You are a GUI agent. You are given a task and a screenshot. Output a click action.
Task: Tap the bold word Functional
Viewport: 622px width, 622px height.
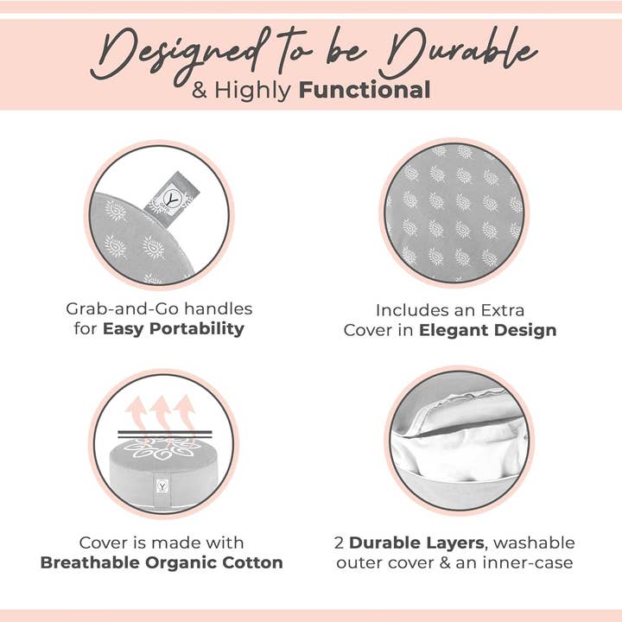[x=365, y=90]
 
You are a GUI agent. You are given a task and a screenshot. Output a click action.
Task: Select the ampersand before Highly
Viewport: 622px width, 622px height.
[x=200, y=91]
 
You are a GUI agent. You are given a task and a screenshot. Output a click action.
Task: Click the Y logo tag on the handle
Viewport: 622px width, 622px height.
[x=172, y=194]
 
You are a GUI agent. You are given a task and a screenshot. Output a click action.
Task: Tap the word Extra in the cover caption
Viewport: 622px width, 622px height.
[x=502, y=310]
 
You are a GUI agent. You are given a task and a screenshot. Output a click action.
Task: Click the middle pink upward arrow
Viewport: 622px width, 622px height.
[x=162, y=415]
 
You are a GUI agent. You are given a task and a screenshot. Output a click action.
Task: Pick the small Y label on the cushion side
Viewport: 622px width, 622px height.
[x=162, y=486]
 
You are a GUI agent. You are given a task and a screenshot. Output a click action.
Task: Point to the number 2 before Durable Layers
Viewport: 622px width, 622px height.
[x=339, y=543]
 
